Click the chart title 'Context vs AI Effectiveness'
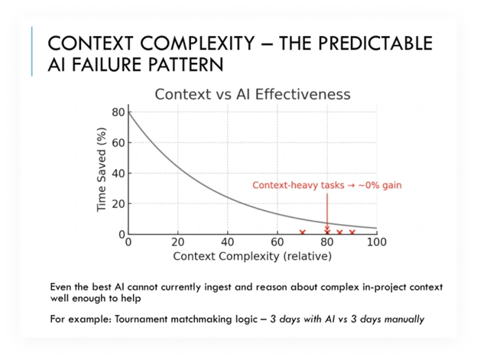click(x=252, y=95)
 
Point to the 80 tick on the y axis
click(x=118, y=112)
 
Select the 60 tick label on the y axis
click(x=118, y=143)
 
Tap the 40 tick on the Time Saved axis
click(x=118, y=174)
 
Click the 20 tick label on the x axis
click(x=177, y=242)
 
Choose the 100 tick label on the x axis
click(x=376, y=242)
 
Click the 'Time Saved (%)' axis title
click(x=100, y=173)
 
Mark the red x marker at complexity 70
click(x=302, y=232)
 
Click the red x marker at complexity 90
click(x=352, y=232)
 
